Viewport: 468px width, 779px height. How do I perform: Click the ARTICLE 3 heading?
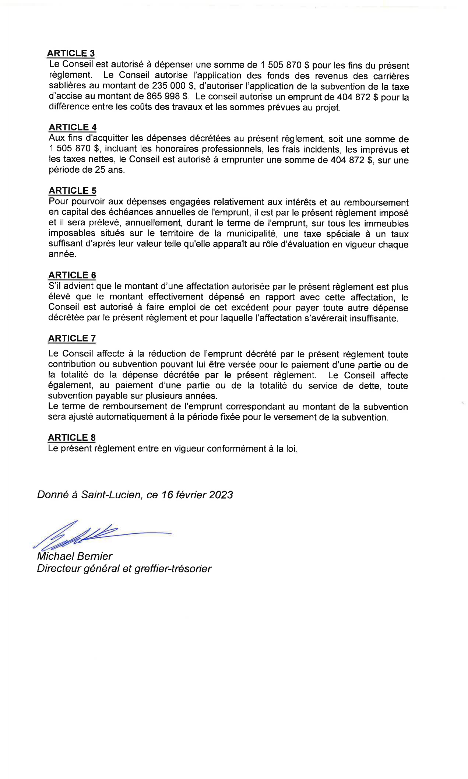(71, 53)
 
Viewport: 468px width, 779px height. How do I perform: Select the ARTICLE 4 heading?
(73, 127)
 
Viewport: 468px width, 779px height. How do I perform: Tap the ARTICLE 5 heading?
(73, 190)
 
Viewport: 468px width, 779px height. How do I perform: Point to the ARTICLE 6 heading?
(72, 275)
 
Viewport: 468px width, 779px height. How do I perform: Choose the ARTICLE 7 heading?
(72, 338)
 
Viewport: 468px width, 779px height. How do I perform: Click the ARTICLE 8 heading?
(72, 438)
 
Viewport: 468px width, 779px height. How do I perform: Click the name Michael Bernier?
(74, 556)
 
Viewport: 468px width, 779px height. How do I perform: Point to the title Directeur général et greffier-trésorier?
(124, 569)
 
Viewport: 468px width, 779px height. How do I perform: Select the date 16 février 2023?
(197, 495)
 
